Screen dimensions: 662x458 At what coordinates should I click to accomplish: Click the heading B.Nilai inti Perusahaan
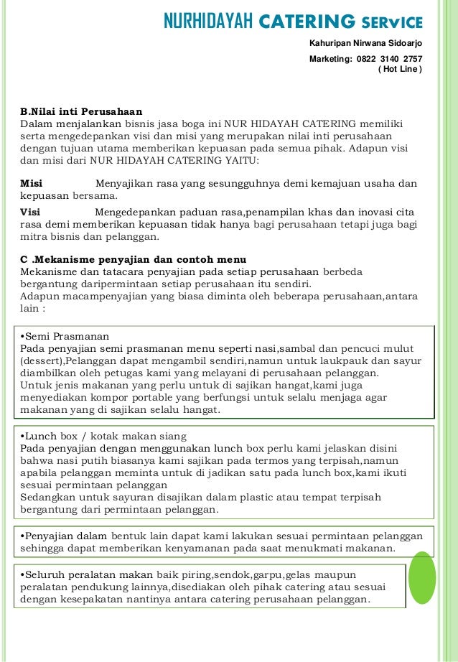pyautogui.click(x=81, y=111)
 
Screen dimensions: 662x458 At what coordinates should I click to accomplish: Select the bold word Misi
pyautogui.click(x=32, y=183)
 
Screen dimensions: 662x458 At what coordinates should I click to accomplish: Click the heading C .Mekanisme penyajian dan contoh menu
pyautogui.click(x=133, y=258)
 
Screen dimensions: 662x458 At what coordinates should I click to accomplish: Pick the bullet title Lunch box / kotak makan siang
pyautogui.click(x=105, y=436)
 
